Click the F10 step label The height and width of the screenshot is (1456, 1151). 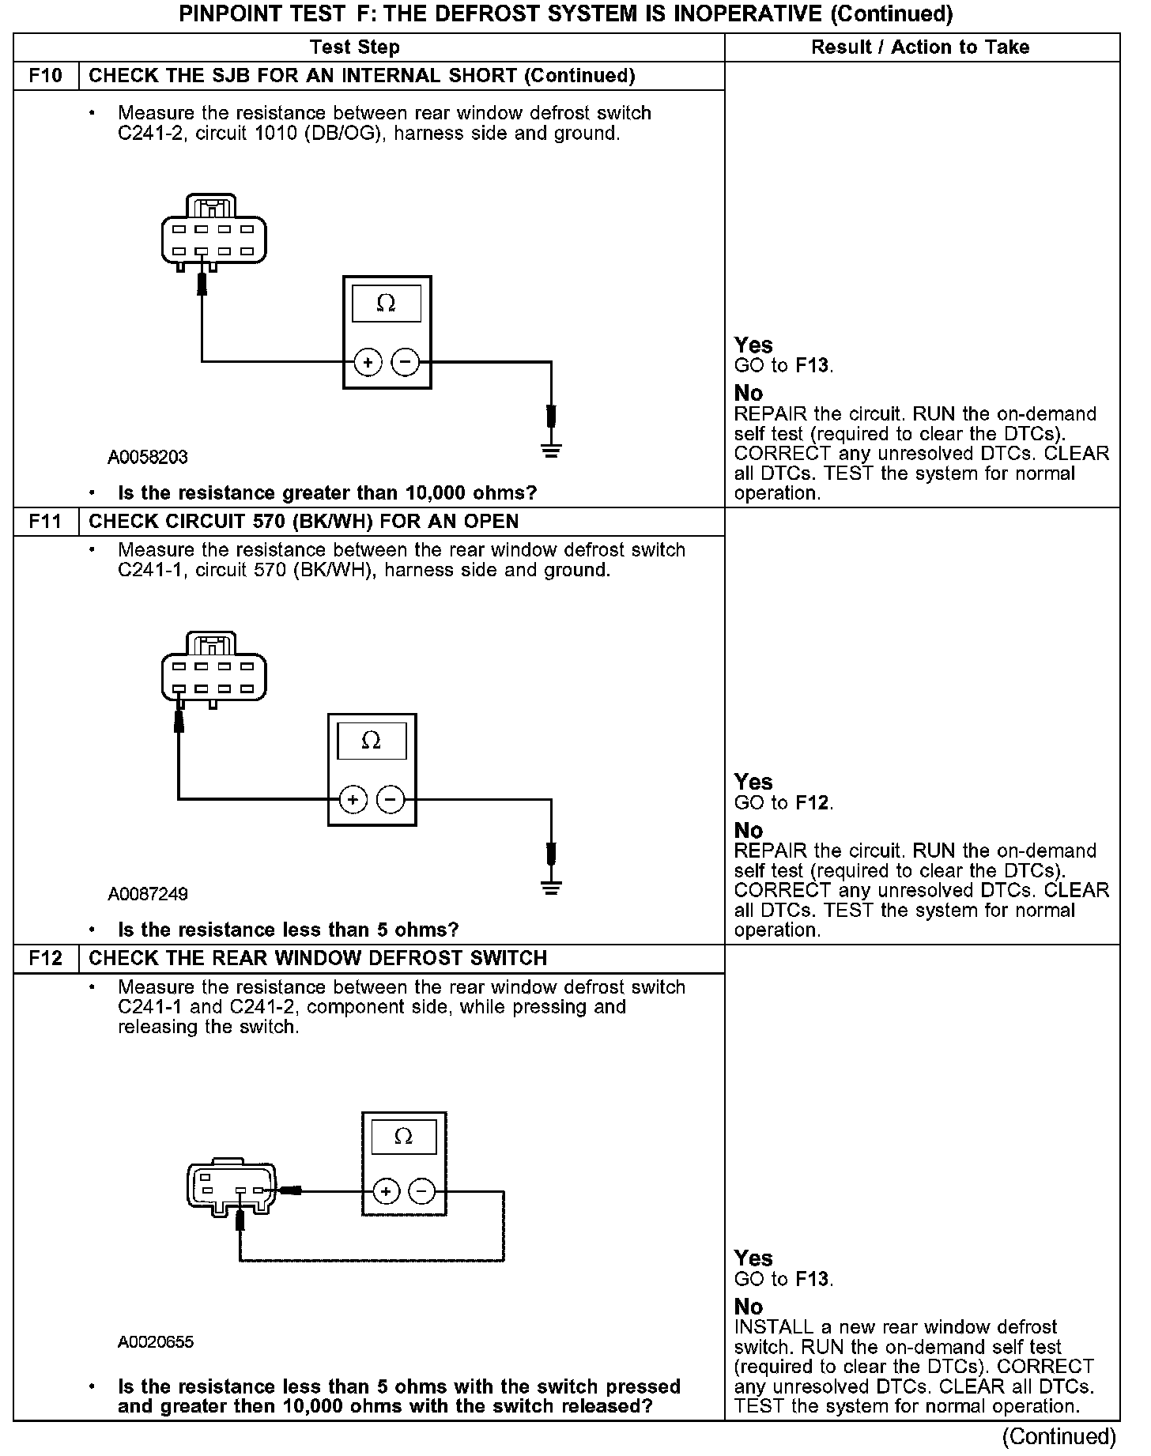click(46, 76)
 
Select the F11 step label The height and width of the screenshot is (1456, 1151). click(46, 522)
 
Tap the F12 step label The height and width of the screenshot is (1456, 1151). click(46, 959)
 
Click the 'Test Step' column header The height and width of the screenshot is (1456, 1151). click(355, 47)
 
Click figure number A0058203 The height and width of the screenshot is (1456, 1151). click(148, 458)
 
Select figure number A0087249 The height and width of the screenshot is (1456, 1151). click(148, 895)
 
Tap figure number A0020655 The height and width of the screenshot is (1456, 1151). click(156, 1342)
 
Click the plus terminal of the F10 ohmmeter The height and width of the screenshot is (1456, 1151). click(368, 363)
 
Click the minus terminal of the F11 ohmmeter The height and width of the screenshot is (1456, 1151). click(391, 800)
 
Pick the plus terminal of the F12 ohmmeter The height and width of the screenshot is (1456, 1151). click(386, 1191)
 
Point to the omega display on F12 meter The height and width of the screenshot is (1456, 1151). click(403, 1137)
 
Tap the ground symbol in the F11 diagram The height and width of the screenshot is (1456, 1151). click(551, 888)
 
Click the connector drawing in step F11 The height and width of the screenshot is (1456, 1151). click(213, 669)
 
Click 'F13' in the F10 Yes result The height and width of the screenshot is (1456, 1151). click(813, 366)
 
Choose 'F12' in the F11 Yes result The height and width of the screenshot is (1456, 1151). click(813, 803)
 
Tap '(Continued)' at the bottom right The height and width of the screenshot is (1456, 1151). click(1059, 1436)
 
